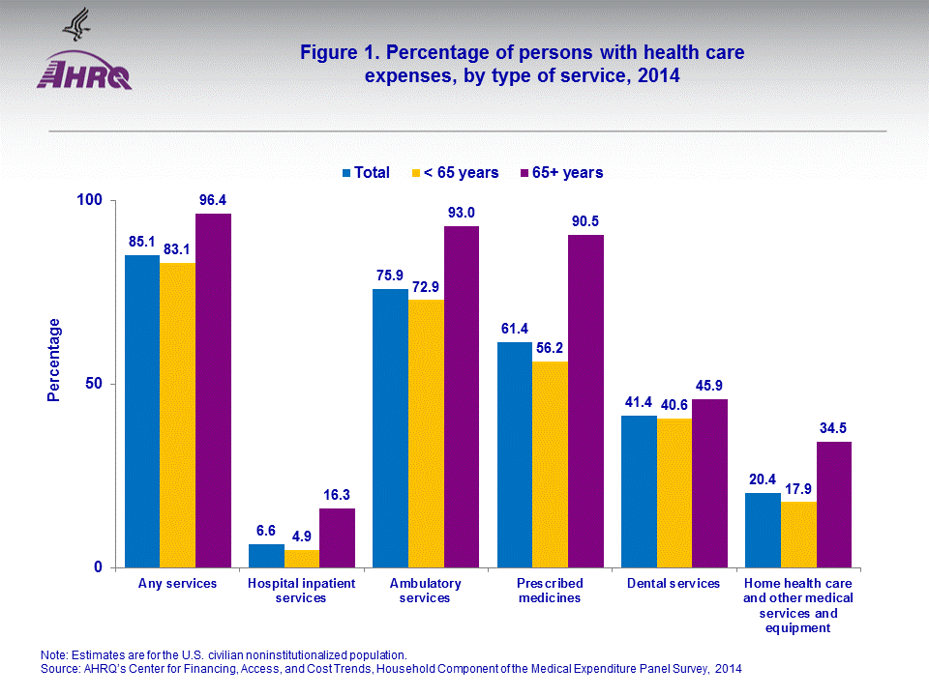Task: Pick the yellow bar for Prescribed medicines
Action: click(x=550, y=464)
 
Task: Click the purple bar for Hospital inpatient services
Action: click(x=337, y=537)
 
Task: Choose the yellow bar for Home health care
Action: click(x=798, y=535)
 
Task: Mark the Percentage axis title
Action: click(x=55, y=360)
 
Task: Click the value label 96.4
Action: click(x=214, y=200)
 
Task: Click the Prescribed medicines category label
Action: click(x=550, y=591)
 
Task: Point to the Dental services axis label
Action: click(x=674, y=584)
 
